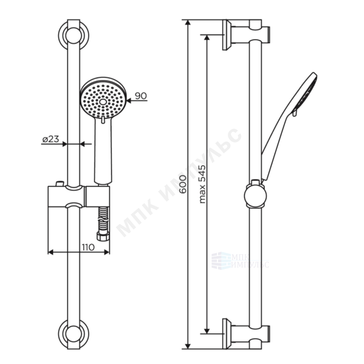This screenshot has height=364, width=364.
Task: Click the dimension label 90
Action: click(x=141, y=95)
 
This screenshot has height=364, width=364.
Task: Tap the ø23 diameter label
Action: click(x=51, y=139)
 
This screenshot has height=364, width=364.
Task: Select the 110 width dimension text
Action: click(x=88, y=247)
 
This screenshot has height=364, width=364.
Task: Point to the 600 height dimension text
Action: click(x=183, y=184)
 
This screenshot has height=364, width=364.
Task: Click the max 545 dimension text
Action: click(x=203, y=184)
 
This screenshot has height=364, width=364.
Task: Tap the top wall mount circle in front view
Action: click(x=74, y=35)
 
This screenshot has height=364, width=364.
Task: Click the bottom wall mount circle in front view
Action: click(x=74, y=334)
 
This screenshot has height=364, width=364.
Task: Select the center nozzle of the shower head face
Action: click(x=103, y=102)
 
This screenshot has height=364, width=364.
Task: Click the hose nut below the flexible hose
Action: click(x=103, y=236)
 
